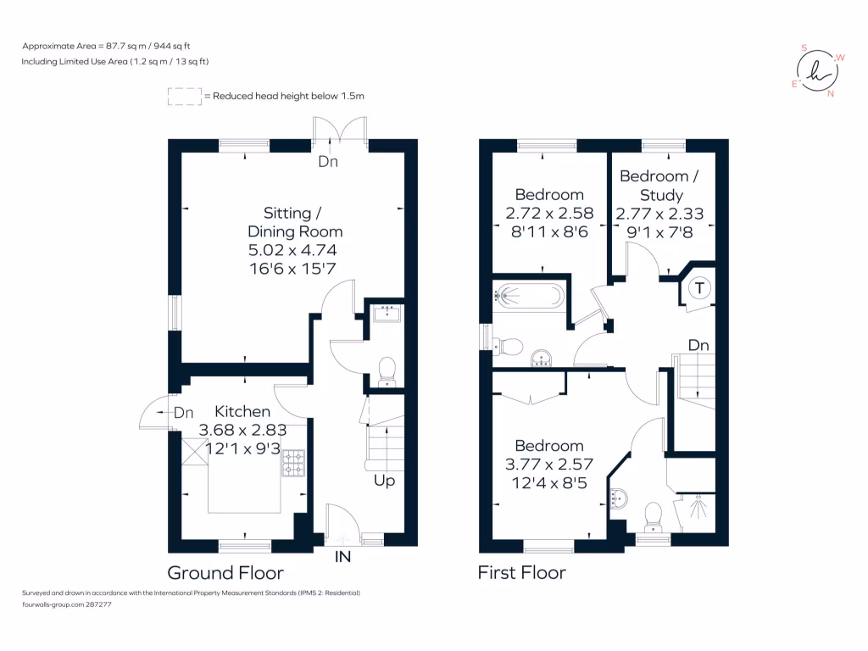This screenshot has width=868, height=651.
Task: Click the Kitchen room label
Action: click(242, 411)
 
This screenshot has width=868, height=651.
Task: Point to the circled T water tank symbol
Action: click(699, 288)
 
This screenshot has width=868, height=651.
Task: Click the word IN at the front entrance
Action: click(343, 557)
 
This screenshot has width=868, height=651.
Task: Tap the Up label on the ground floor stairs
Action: click(384, 481)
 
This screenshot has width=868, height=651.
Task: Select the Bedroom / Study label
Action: click(660, 186)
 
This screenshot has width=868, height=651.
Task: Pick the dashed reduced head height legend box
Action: click(184, 97)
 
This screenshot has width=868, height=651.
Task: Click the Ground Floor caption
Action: click(225, 573)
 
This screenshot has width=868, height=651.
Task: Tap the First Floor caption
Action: click(521, 573)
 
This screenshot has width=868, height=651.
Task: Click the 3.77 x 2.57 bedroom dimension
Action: click(549, 464)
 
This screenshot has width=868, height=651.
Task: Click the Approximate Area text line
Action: click(112, 46)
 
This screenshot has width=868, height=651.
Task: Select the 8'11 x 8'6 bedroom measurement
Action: click(549, 231)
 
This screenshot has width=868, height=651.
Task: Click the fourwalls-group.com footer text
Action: click(67, 604)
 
